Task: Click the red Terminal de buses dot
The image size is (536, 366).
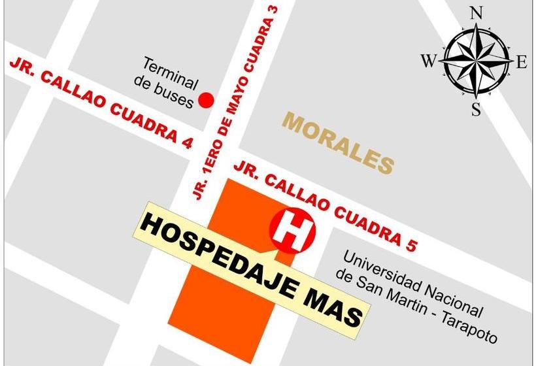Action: pos(207,100)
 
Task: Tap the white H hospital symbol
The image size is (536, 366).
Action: pos(293,229)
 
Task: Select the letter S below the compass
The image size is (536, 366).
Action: pos(477,110)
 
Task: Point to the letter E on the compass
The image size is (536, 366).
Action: pos(521,63)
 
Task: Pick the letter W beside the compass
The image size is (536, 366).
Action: pos(428,62)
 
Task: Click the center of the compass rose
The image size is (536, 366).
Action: pos(475,61)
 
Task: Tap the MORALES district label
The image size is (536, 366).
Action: pos(339,142)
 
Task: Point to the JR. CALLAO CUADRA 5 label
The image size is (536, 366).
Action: pos(326,205)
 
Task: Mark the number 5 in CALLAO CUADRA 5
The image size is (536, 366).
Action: pos(410,244)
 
